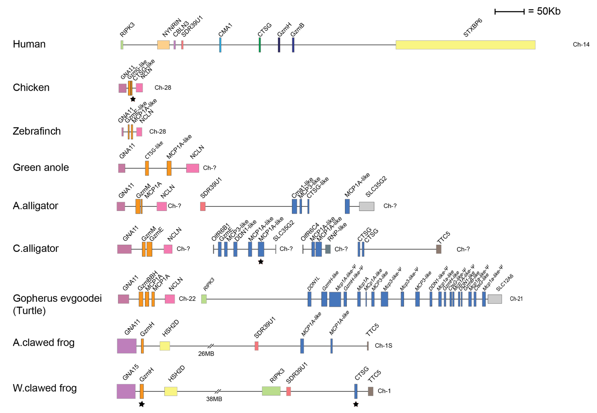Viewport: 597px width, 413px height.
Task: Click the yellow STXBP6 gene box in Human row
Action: tap(465, 45)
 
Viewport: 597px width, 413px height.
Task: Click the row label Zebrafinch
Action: tap(37, 131)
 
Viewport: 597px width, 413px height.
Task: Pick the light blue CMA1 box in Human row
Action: tap(220, 45)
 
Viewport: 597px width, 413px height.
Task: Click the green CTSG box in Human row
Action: tap(260, 45)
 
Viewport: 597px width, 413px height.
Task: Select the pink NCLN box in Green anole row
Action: tap(193, 168)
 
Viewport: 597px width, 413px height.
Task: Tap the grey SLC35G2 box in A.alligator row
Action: tap(367, 206)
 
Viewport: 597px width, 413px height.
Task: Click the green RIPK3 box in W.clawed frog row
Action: tap(271, 391)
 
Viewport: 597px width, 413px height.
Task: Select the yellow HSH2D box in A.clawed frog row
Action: tap(165, 346)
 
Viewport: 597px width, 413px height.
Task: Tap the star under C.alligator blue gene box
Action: tap(261, 262)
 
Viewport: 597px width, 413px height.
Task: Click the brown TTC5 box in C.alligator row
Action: tap(439, 249)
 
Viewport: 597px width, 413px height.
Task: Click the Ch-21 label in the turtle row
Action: tap(516, 299)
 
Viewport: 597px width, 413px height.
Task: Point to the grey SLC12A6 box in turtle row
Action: tap(495, 299)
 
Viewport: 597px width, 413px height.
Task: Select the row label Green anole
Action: tap(41, 167)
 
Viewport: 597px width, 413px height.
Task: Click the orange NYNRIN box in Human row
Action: tap(163, 45)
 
